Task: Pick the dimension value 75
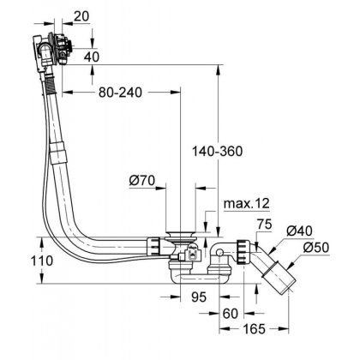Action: (x=264, y=225)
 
